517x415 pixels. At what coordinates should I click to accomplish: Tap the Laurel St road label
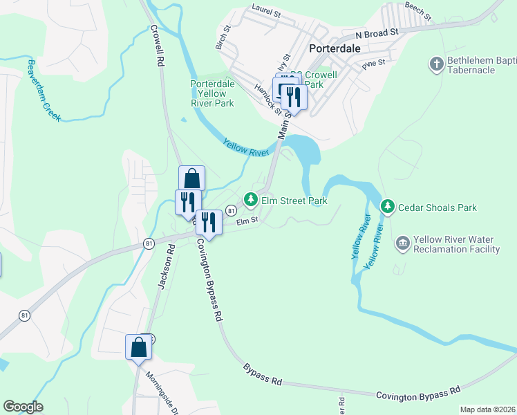tap(266, 12)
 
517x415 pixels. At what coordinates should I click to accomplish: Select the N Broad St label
tap(377, 33)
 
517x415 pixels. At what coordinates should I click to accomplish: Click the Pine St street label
tap(373, 66)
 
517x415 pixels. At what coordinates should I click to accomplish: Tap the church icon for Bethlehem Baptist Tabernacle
tap(436, 64)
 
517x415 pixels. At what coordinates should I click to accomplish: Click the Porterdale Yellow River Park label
tap(212, 93)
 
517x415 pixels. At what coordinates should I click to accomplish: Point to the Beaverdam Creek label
tap(44, 90)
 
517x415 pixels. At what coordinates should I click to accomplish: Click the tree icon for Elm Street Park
tap(250, 201)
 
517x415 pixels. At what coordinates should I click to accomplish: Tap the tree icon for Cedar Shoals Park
tap(388, 207)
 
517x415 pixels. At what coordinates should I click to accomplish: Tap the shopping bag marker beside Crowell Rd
tap(191, 178)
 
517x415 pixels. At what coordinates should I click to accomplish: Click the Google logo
tap(23, 407)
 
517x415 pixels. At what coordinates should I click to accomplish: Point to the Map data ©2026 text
tap(487, 409)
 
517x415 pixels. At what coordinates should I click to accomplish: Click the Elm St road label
tap(247, 221)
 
